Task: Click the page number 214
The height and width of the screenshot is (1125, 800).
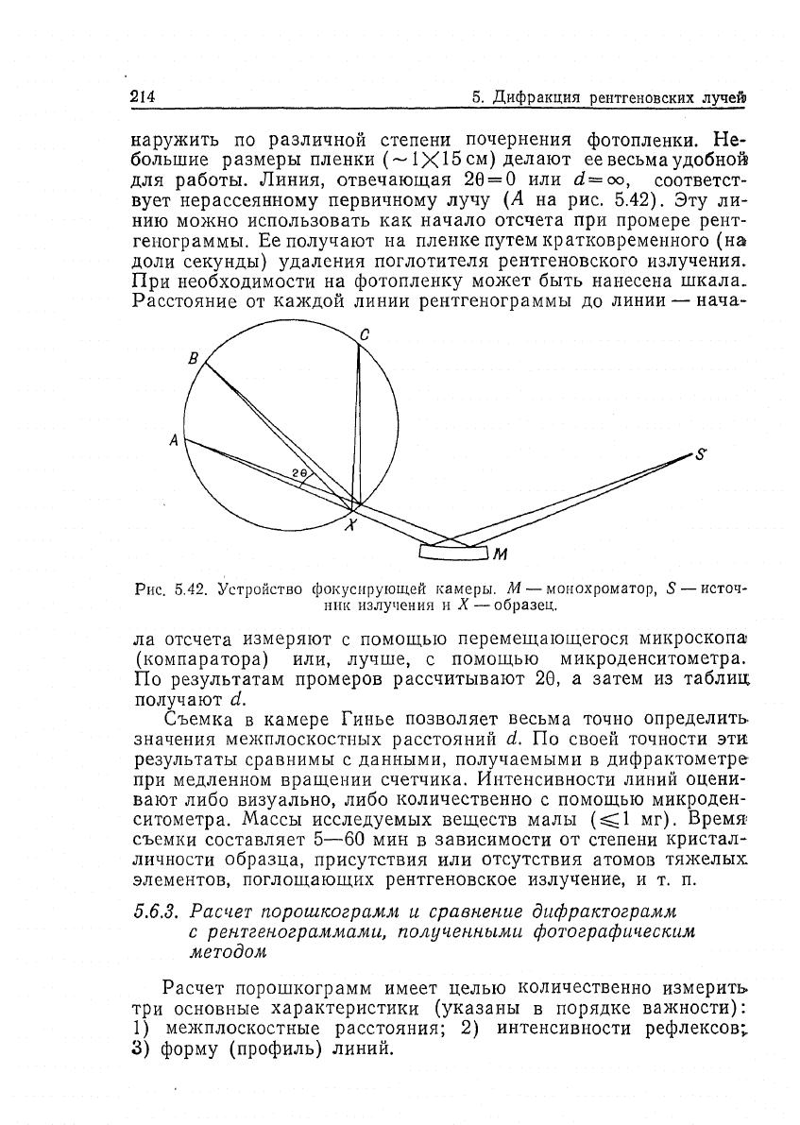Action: pos(142,97)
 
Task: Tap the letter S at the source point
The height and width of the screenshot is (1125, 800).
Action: pos(701,453)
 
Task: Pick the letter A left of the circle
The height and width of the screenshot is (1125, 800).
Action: pos(173,439)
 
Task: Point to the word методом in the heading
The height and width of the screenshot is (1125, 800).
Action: pos(226,953)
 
